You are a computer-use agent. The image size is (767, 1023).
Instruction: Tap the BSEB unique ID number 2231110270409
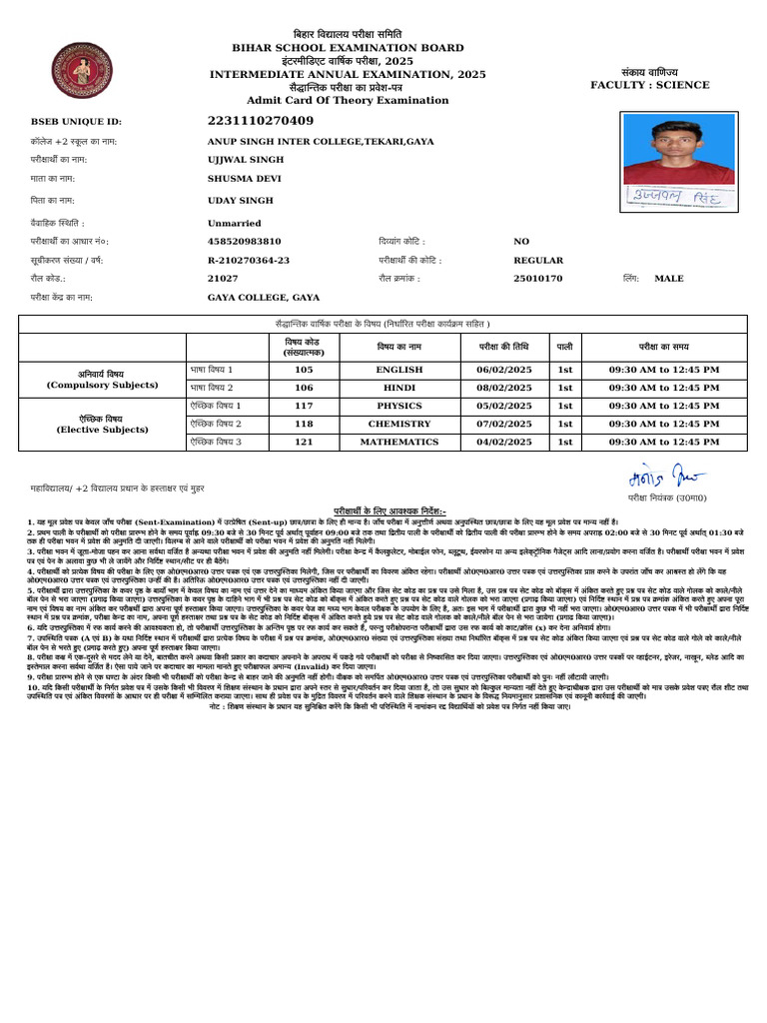click(261, 121)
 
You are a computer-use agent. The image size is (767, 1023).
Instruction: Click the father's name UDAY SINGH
click(240, 200)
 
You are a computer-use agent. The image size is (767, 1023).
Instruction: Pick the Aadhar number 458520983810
click(245, 241)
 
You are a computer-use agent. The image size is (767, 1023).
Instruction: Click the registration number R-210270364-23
click(249, 260)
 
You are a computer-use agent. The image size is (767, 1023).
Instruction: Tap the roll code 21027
click(223, 278)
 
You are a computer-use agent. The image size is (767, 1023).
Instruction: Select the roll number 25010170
click(538, 278)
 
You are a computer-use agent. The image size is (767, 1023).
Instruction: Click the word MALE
click(669, 278)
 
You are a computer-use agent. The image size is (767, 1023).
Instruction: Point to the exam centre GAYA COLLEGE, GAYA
click(264, 297)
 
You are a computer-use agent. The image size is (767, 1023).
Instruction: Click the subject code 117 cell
click(304, 406)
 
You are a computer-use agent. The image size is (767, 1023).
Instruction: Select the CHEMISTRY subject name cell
click(399, 424)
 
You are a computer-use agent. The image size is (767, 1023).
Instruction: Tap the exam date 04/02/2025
click(504, 442)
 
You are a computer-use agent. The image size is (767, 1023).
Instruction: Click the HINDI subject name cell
click(399, 388)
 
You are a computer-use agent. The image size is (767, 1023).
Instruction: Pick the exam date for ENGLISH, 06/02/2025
click(504, 370)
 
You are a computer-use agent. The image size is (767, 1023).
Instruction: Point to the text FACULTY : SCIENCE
click(648, 85)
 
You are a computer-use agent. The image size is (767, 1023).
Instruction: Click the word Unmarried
click(235, 223)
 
